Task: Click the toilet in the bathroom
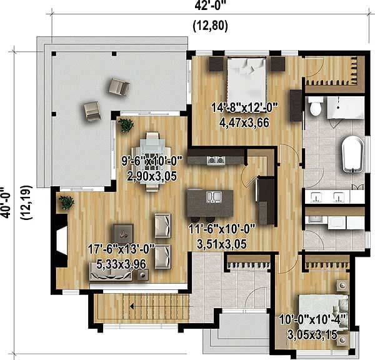[315, 109]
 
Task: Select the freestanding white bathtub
[352, 152]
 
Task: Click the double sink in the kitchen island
[213, 197]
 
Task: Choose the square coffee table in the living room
[123, 232]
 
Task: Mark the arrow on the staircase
[133, 306]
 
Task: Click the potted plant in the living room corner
[66, 202]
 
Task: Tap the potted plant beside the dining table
[127, 125]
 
